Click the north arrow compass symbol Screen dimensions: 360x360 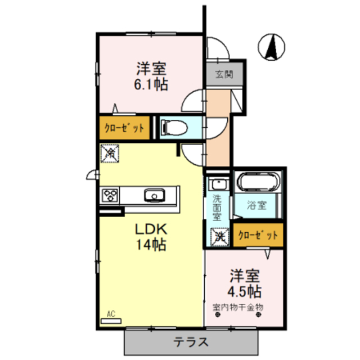pos(272,46)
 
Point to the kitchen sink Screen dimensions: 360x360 pos(152,195)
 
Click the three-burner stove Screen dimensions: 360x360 pos(110,195)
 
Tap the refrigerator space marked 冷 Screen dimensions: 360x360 pos(109,152)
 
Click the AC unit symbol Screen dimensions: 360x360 pos(111,320)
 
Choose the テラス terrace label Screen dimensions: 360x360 pos(191,341)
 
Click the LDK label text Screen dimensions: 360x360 pos(150,229)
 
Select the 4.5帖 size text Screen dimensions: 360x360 pos(244,292)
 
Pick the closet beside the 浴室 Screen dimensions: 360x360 pos(258,235)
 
